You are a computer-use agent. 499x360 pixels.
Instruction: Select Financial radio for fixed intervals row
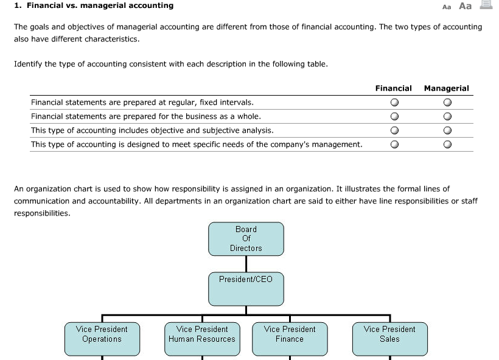[x=394, y=102]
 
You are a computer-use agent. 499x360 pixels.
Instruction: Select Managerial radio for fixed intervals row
[x=447, y=102]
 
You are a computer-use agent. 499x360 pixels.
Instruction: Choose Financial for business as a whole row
[x=394, y=116]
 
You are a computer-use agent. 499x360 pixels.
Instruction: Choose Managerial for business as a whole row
[x=447, y=116]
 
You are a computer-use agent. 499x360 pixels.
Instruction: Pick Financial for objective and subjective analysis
[x=394, y=130]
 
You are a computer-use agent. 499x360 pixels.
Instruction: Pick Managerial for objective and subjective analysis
[x=447, y=130]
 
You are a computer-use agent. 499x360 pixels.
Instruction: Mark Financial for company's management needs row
[x=394, y=145]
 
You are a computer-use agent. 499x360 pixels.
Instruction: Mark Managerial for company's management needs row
[x=447, y=145]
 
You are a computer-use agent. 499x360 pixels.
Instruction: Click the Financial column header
[x=393, y=88]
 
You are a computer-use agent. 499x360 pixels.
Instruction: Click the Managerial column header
[x=446, y=88]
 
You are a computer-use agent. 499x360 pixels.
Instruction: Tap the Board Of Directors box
[x=246, y=239]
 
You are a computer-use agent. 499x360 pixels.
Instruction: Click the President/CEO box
[x=246, y=289]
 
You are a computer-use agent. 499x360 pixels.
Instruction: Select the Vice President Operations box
[x=102, y=339]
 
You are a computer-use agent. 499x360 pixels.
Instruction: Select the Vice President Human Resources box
[x=201, y=339]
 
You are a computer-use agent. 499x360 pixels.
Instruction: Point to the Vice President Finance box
[x=289, y=339]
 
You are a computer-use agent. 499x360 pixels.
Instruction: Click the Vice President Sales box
[x=389, y=339]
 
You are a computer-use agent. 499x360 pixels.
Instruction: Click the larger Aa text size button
[x=465, y=6]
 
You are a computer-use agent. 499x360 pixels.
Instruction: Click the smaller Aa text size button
[x=447, y=7]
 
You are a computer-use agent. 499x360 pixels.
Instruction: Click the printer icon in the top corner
[x=486, y=5]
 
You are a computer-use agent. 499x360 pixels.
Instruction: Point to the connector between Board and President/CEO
[x=246, y=264]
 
